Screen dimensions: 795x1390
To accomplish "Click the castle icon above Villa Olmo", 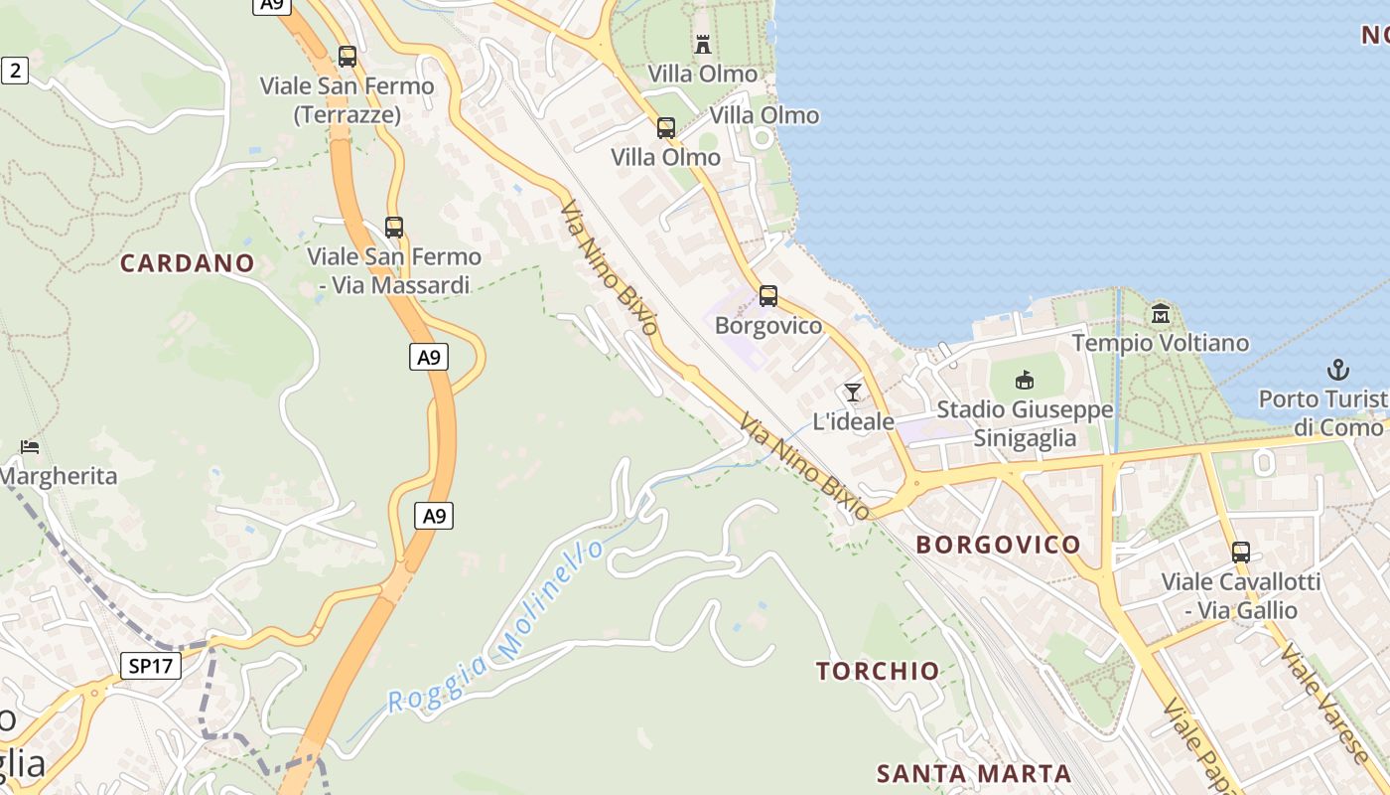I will click(703, 44).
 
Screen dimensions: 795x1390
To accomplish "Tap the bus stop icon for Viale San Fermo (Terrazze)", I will click(347, 57).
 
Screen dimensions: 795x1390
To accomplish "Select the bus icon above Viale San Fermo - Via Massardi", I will click(394, 227).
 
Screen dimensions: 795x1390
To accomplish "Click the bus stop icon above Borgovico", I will click(767, 295).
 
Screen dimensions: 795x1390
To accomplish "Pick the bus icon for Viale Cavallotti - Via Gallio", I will click(1240, 553).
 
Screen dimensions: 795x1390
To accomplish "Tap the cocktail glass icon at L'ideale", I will click(852, 393).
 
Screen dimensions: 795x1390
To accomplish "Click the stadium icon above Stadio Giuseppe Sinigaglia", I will click(1025, 380).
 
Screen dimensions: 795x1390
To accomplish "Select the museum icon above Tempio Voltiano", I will click(1160, 314).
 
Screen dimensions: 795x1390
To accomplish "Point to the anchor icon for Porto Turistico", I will click(1338, 371).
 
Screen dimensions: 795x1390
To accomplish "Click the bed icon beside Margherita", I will click(30, 446).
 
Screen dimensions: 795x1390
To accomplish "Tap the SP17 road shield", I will click(151, 666).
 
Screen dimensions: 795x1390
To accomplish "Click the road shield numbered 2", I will click(14, 70).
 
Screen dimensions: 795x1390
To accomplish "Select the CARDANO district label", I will click(188, 263).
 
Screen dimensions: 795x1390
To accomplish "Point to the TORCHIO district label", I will click(878, 671).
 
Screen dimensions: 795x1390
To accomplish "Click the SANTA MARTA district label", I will click(974, 773).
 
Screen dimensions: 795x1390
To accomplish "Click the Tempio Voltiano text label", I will click(1160, 343).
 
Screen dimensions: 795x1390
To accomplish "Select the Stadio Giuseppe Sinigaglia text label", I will click(1025, 423).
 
